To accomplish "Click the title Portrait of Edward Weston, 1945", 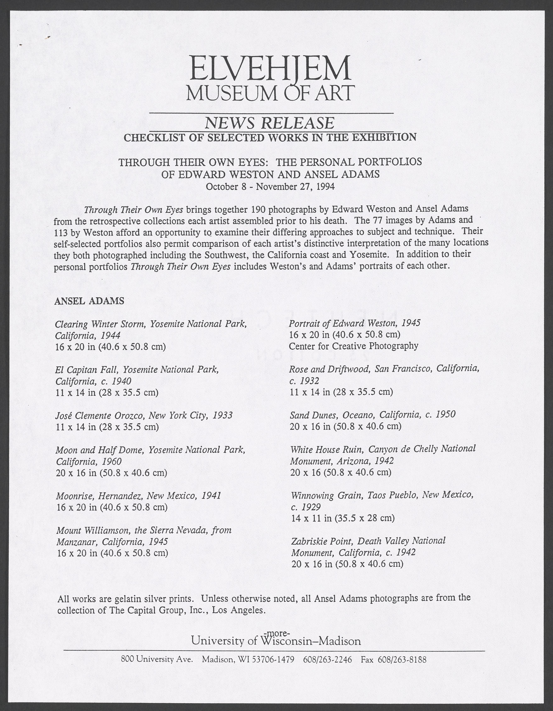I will pos(355,323).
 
